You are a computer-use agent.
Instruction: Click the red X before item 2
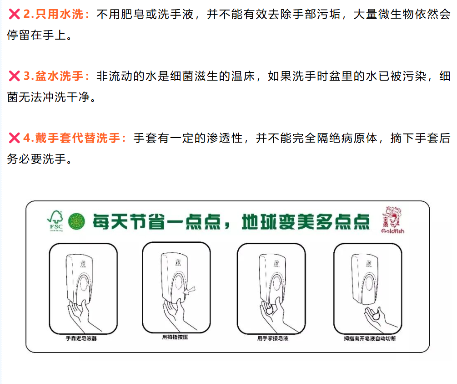(x=14, y=15)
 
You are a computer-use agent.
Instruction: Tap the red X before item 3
(x=14, y=76)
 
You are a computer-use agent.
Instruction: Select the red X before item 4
(x=14, y=138)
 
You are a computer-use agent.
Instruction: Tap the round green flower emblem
(x=76, y=221)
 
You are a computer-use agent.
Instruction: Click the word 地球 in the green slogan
(x=257, y=221)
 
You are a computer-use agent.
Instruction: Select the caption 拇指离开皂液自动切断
(x=369, y=339)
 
